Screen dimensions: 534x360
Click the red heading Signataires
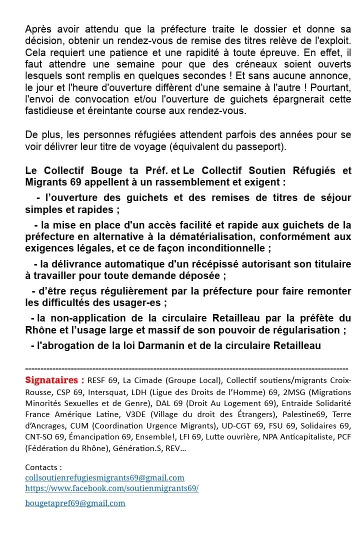[x=54, y=379]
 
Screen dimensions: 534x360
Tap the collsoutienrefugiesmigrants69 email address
[x=104, y=478]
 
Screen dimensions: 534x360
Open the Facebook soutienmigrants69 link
[x=111, y=488]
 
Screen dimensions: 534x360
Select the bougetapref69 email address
[x=75, y=503]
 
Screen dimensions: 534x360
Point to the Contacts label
[x=43, y=467]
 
